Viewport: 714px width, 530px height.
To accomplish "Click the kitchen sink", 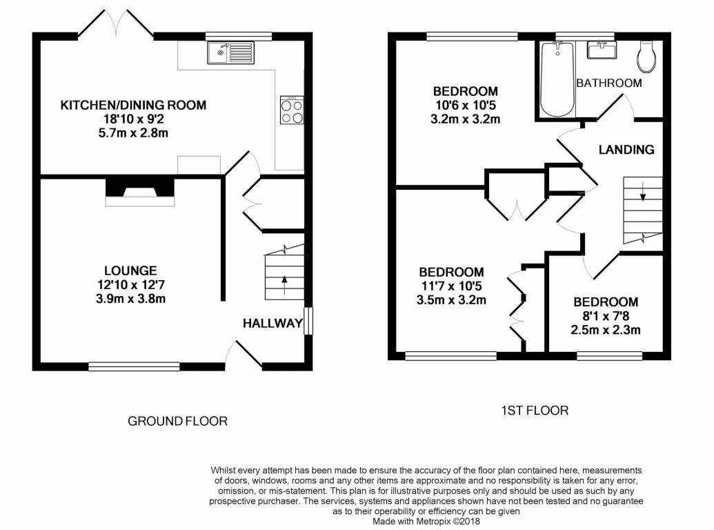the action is pos(231,52).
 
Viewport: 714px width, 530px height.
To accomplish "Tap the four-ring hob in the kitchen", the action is pos(292,110).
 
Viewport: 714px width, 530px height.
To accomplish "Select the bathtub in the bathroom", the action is pos(557,79).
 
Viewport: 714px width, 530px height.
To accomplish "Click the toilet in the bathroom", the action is pos(647,57).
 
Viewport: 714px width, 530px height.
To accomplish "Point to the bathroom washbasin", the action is pos(602,50).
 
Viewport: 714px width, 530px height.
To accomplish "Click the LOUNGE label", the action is pos(130,271).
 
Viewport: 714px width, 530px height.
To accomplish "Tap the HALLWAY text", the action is pos(272,323).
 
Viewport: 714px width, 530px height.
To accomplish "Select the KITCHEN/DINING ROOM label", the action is pos(133,105).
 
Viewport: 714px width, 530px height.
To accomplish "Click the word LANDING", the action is pos(626,149).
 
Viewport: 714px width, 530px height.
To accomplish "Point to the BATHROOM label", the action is pos(609,83).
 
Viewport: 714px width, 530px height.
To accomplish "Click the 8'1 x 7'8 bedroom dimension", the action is pos(606,315).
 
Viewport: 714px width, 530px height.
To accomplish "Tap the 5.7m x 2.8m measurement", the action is pos(133,133).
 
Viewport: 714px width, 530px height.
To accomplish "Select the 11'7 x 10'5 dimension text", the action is pos(451,286).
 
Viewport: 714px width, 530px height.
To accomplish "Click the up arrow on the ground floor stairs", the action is pos(285,284).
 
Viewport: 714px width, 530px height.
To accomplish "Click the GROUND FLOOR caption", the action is pos(177,421).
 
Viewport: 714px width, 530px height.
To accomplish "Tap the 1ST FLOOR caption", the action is pos(535,411).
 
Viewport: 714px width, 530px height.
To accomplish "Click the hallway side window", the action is pos(308,321).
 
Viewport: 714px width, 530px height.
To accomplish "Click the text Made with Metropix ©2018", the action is pos(426,521).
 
